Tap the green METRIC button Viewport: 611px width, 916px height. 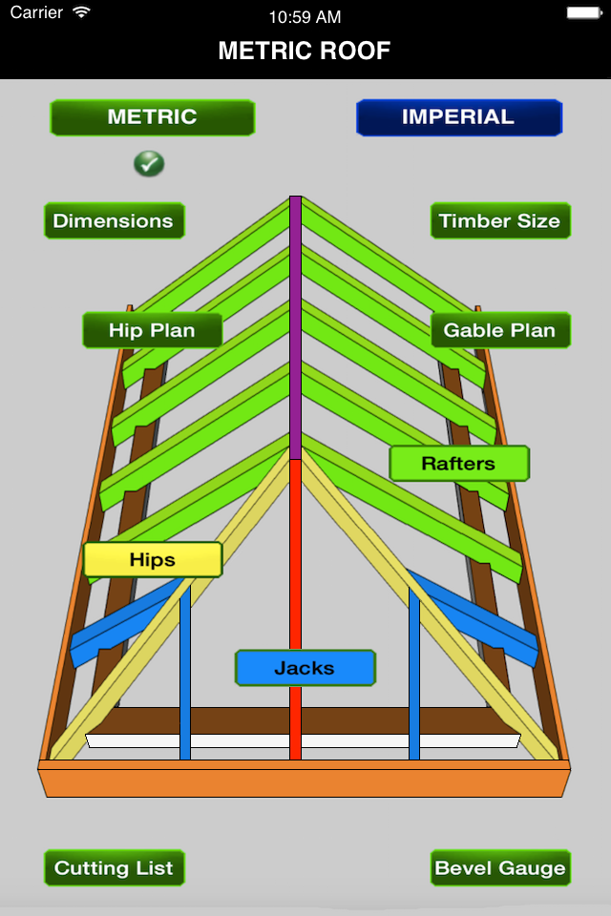[x=152, y=117]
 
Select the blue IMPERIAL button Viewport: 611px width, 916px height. [x=458, y=117]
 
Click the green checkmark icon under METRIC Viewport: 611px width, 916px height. [x=149, y=163]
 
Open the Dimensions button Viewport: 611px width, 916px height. [x=114, y=220]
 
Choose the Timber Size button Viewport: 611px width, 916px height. [x=499, y=220]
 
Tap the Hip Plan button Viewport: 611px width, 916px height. [x=152, y=330]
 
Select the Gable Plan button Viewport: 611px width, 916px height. [x=499, y=330]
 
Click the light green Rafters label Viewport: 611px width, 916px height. [x=458, y=464]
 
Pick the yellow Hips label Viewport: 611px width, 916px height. [x=153, y=559]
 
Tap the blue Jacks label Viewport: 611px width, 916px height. [x=305, y=668]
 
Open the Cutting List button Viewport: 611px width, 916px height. [x=114, y=867]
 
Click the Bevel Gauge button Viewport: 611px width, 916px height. [x=499, y=867]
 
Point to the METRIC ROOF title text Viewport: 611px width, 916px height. [x=305, y=51]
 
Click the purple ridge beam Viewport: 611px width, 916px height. [x=296, y=324]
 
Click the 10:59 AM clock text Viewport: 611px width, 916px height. [x=305, y=16]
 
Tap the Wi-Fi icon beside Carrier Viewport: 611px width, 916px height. [x=81, y=13]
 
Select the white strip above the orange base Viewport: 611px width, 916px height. [x=304, y=740]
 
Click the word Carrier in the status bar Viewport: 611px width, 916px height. [x=36, y=13]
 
